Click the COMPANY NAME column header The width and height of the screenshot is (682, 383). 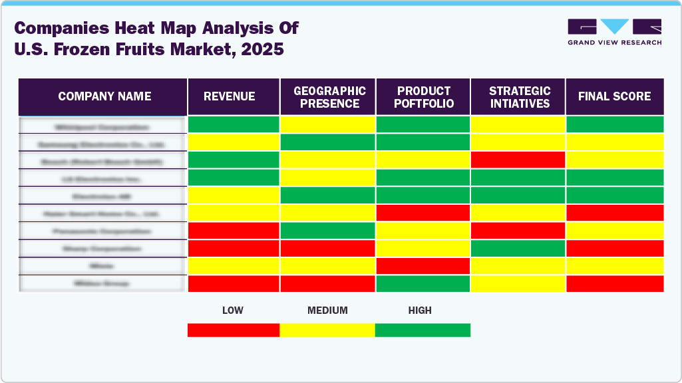point(104,96)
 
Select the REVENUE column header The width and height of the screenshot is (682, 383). point(229,96)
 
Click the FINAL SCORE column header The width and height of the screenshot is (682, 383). point(614,96)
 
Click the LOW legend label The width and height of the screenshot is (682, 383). point(232,311)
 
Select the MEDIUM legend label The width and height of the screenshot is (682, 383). point(327,311)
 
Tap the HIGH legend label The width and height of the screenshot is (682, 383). point(420,311)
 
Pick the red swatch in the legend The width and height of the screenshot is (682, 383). point(234,330)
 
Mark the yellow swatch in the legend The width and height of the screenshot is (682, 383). point(327,330)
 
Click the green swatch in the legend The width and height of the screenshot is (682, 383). point(423,330)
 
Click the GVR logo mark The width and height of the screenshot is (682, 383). point(614,27)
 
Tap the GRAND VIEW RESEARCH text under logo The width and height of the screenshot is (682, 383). point(614,43)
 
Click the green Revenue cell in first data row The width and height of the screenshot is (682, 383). point(234,124)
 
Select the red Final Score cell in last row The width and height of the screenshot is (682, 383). point(615,283)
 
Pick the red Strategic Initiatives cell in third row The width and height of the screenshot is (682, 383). point(518,160)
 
